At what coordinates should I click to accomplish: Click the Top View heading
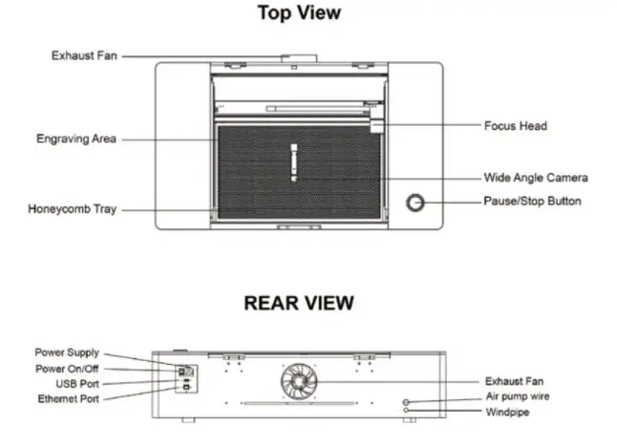click(x=299, y=14)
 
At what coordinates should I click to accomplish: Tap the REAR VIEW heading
click(x=299, y=303)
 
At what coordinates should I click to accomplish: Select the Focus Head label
click(x=515, y=125)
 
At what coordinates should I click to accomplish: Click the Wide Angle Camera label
click(x=535, y=178)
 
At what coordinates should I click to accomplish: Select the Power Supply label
click(x=67, y=352)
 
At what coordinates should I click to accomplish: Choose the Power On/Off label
click(x=67, y=368)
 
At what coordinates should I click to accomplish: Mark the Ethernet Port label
click(x=68, y=397)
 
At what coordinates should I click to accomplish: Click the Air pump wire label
click(x=518, y=396)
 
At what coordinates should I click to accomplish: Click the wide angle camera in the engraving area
click(x=293, y=160)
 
